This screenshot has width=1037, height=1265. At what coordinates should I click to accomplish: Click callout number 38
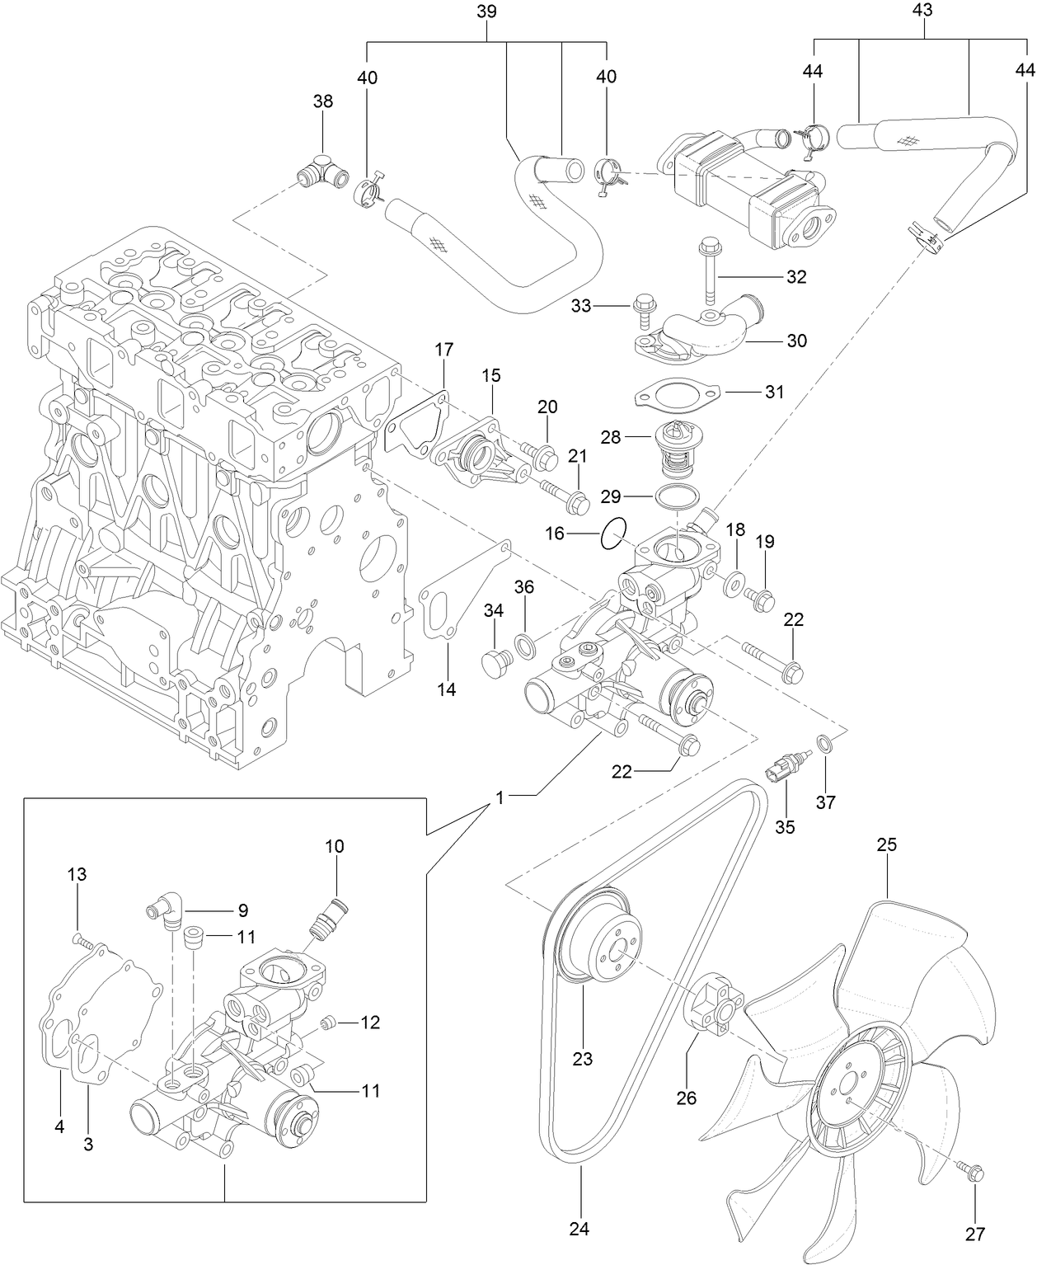pos(323,101)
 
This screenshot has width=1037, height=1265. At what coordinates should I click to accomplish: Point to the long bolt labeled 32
pos(709,272)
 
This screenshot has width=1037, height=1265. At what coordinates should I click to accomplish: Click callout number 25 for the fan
pos(886,845)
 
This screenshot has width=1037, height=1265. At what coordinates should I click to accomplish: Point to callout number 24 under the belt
pos(579,1229)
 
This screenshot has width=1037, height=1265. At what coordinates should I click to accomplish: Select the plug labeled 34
pos(495,661)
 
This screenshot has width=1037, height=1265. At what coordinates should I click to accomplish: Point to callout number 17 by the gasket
pos(443,350)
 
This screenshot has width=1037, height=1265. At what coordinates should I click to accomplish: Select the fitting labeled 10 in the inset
pos(328,915)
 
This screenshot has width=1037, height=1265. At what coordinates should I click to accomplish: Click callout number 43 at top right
pos(922,11)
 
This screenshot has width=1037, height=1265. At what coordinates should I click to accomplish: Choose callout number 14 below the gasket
pos(446,689)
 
